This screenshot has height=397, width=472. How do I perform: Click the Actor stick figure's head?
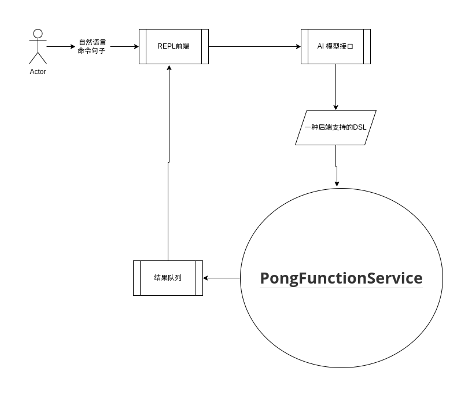[38, 33]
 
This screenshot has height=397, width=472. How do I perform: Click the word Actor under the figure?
[38, 72]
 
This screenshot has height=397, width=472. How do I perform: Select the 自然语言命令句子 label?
[91, 46]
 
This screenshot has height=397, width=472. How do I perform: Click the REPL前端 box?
[174, 46]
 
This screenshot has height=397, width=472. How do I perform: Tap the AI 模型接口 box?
[335, 46]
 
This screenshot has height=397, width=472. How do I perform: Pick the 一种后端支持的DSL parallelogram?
[335, 127]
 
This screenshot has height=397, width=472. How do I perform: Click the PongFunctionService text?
[341, 278]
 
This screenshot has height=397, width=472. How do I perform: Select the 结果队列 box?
[168, 278]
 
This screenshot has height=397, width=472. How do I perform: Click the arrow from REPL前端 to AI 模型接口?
[255, 46]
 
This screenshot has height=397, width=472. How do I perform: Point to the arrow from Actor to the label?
[61, 46]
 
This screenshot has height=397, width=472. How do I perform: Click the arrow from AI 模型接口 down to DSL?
[335, 87]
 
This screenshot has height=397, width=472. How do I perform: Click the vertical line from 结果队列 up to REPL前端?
[168, 174]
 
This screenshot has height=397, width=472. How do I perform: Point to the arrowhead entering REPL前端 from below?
[168, 67]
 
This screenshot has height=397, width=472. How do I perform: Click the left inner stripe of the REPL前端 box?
[142, 46]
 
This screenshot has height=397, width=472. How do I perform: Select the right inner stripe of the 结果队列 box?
[200, 278]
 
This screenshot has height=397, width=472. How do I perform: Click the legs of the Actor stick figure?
[38, 58]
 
